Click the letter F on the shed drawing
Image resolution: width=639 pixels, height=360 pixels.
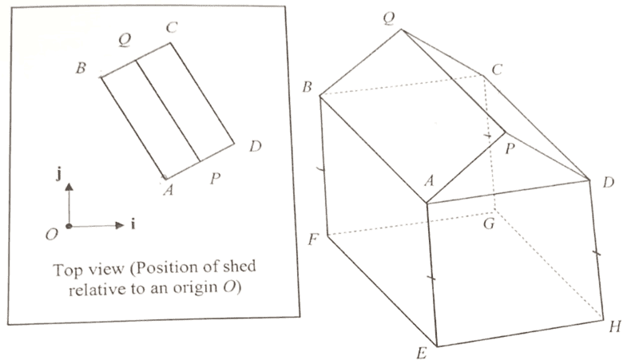coord(312,239)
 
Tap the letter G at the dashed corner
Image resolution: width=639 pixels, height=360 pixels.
coord(489,224)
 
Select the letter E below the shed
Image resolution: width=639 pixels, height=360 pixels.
coord(422,353)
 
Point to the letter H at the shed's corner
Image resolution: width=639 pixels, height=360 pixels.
coord(615,326)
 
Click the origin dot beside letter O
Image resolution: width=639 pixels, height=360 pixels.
coord(69,226)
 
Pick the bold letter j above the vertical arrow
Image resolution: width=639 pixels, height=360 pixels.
coord(59,174)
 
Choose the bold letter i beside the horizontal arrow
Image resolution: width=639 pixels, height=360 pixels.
coord(133,224)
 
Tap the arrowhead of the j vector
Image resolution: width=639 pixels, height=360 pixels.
coord(69,187)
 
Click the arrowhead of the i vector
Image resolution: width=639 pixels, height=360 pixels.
coord(120,225)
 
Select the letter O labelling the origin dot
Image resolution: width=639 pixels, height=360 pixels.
coord(52,234)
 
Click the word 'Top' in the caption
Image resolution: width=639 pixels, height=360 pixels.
coord(68,271)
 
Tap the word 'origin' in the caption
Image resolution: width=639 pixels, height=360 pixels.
coord(195,288)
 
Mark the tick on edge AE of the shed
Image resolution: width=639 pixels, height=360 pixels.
coord(431,278)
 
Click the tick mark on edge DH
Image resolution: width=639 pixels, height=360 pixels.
coord(596,253)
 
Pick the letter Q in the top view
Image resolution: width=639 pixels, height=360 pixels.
coord(125,40)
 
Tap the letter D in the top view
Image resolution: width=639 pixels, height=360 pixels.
coord(255,146)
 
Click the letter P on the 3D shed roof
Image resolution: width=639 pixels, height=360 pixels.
coord(510,148)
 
